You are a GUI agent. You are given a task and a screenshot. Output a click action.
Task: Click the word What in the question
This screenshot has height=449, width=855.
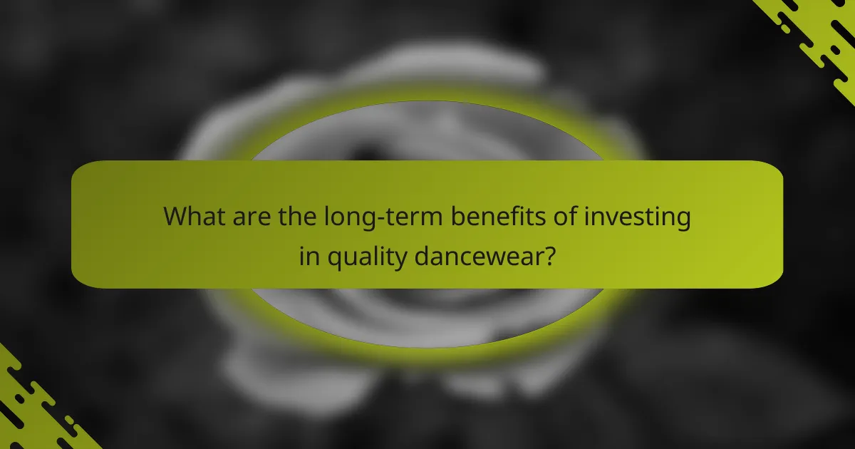pos(192,217)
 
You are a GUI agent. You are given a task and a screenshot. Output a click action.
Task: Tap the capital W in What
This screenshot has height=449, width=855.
pos(175,217)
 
